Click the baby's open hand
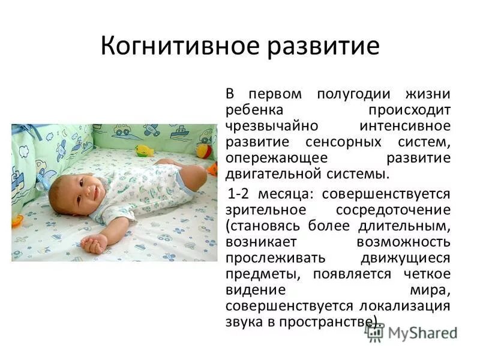[x=93, y=243]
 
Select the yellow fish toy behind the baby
[x=144, y=151]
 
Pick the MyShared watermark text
[x=422, y=332]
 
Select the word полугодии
[x=352, y=95]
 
